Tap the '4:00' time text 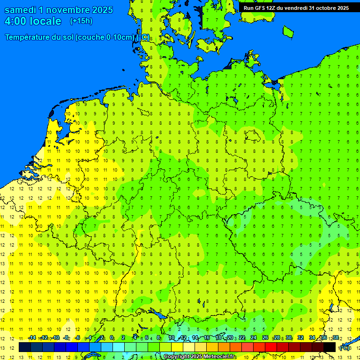pyautogui.click(x=15, y=21)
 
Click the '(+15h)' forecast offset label pyautogui.click(x=81, y=21)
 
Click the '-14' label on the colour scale pyautogui.click(x=32, y=338)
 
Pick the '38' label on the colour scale pyautogui.click(x=336, y=338)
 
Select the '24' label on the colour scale pyautogui.click(x=253, y=338)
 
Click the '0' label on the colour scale pyautogui.click(x=112, y=338)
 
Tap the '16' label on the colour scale pyautogui.click(x=206, y=338)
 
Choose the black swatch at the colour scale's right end pyautogui.click(x=330, y=347)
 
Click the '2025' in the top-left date pyautogui.click(x=99, y=10)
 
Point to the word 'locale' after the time pyautogui.click(x=45, y=21)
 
